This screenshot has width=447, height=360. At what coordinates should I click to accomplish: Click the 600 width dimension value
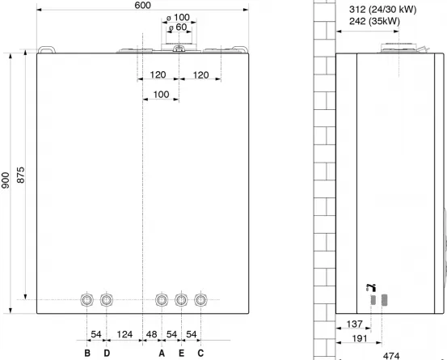point(142,5)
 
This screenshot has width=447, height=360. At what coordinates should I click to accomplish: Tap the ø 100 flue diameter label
point(178,18)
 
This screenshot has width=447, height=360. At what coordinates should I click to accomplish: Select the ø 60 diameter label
point(178,28)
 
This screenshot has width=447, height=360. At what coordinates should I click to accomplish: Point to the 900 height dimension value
point(6,180)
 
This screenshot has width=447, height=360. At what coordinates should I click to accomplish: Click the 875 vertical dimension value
point(20,176)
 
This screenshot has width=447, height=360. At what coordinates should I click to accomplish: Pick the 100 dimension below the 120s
point(161,95)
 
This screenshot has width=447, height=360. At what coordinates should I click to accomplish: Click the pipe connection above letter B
point(86,300)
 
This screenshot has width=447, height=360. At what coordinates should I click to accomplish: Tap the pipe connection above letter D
point(107,300)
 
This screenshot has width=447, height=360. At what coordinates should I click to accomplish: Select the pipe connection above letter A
point(162,300)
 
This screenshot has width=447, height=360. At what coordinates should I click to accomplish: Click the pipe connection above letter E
point(181,300)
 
